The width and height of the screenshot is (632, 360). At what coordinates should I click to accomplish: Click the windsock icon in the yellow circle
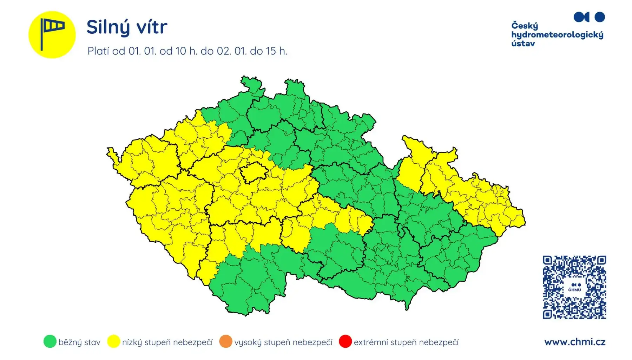[x=52, y=34]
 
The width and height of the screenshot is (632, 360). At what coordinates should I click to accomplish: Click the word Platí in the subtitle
[x=98, y=51]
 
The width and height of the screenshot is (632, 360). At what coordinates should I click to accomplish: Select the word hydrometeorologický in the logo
[x=557, y=35]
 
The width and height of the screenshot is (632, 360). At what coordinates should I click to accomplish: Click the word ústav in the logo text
[x=523, y=44]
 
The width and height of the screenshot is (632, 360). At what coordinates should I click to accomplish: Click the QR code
[x=574, y=287]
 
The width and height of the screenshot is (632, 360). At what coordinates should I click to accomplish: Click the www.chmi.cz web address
[x=574, y=342]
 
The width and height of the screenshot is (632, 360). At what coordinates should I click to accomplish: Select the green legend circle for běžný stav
[x=50, y=341]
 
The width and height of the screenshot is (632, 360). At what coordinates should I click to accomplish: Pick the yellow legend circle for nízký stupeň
[x=113, y=341]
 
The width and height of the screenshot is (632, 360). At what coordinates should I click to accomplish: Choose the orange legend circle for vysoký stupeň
[x=226, y=341]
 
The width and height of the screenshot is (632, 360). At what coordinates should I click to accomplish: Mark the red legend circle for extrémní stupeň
[x=345, y=341]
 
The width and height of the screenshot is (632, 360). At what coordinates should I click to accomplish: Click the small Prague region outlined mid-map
[x=254, y=172]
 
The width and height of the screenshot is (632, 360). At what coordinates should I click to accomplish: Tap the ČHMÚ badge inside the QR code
[x=574, y=287]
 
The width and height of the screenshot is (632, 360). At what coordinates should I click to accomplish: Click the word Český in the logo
[x=525, y=26]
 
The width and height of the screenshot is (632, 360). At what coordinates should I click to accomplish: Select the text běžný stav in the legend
[x=79, y=342]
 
